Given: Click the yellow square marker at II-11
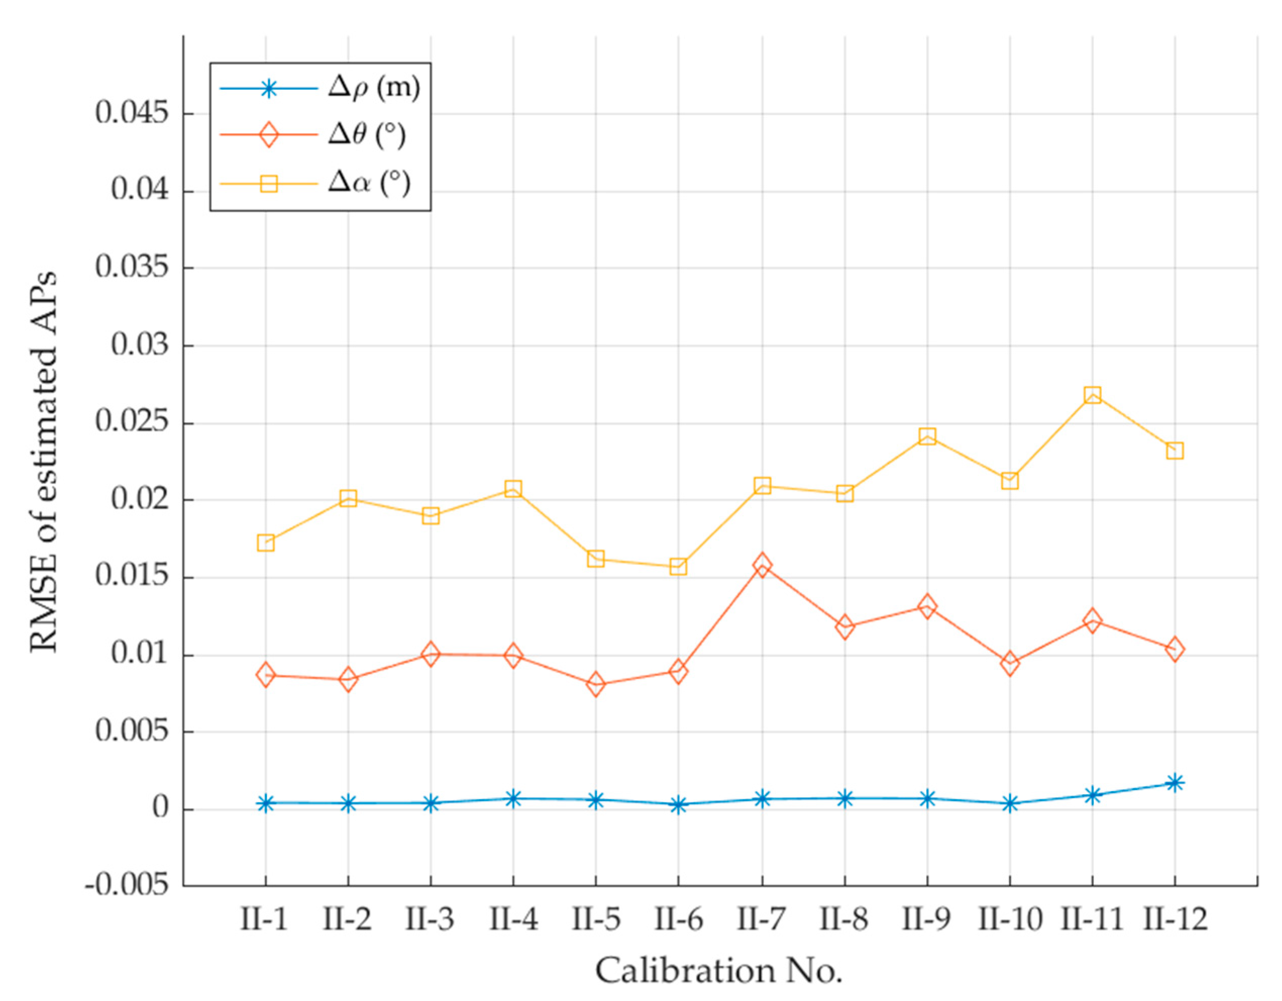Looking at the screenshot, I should [1092, 395].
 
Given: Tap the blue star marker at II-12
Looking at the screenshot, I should [1175, 783].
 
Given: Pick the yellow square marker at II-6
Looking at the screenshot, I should [679, 567].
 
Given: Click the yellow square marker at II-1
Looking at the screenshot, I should [265, 542].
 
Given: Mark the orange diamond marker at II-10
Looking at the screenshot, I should [1010, 664].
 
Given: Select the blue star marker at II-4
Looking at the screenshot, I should [513, 799].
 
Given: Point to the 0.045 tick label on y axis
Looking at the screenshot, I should [132, 114].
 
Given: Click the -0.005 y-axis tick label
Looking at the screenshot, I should [127, 886].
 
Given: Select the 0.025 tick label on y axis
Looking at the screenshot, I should [132, 423].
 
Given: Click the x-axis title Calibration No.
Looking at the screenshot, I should [719, 970].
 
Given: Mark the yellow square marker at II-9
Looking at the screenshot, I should [927, 436].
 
